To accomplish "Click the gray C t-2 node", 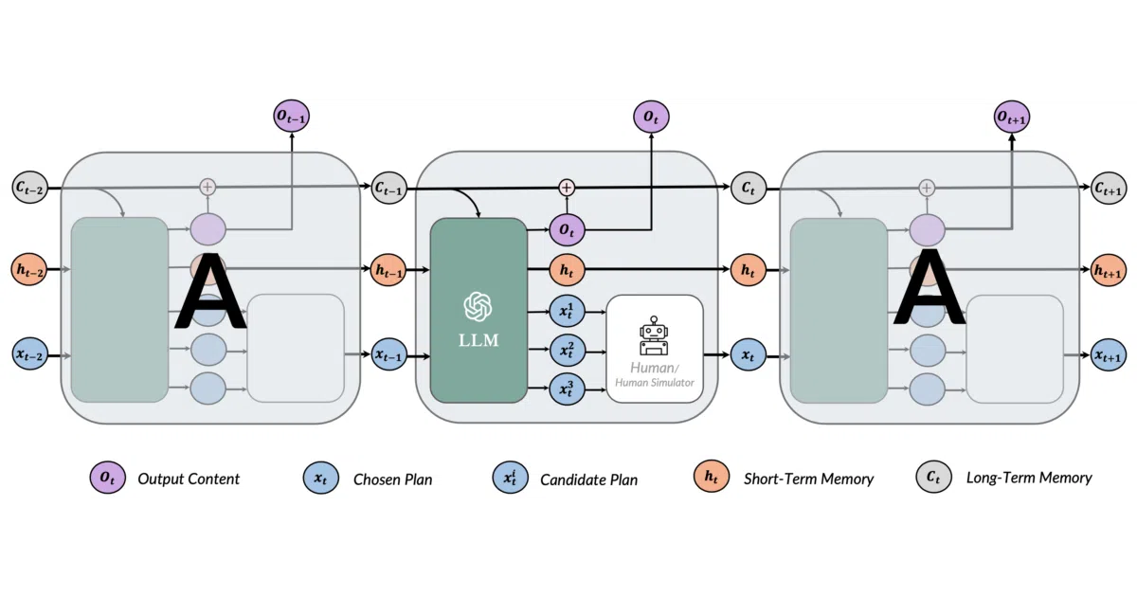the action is (x=30, y=188).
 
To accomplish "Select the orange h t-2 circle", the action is (x=29, y=269).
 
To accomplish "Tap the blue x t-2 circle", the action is (x=30, y=353).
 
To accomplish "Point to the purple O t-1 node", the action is (x=292, y=116).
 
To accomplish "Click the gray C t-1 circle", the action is (x=389, y=188).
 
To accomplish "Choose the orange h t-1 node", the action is (x=388, y=269).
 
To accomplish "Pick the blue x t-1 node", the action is (x=389, y=354).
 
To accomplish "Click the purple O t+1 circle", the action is (x=1012, y=117).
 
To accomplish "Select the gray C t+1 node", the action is (x=1109, y=189).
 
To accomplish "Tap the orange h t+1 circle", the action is (x=1108, y=271).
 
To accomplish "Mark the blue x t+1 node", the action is (x=1109, y=354).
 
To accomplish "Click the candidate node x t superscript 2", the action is (x=567, y=350).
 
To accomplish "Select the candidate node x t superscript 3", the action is (x=567, y=389).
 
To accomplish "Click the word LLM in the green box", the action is (x=478, y=340).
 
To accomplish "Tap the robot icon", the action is (x=654, y=335).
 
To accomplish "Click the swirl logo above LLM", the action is (x=478, y=307).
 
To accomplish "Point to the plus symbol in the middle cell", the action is (x=567, y=188).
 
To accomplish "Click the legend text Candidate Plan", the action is (x=588, y=479).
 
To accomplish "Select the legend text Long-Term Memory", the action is (x=1029, y=478).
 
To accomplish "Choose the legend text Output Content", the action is (x=189, y=479).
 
